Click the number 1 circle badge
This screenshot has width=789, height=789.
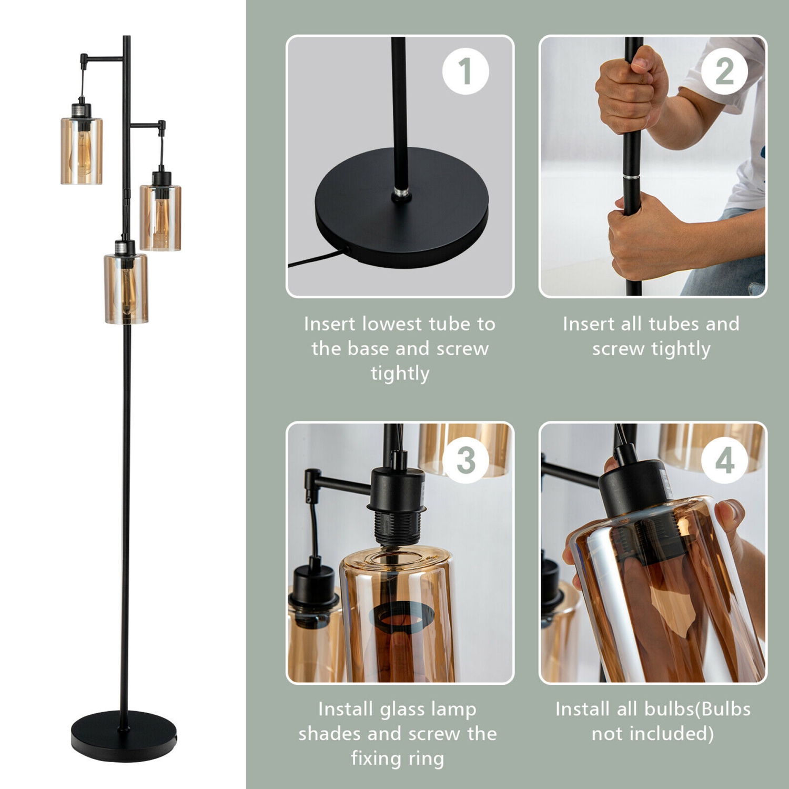(466, 71)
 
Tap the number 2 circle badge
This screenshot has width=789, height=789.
(724, 71)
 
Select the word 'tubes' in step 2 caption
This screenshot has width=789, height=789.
(673, 324)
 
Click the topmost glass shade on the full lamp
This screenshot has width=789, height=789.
(82, 151)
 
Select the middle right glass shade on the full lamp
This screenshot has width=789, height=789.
(160, 217)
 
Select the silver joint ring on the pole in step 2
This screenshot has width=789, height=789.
(632, 178)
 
